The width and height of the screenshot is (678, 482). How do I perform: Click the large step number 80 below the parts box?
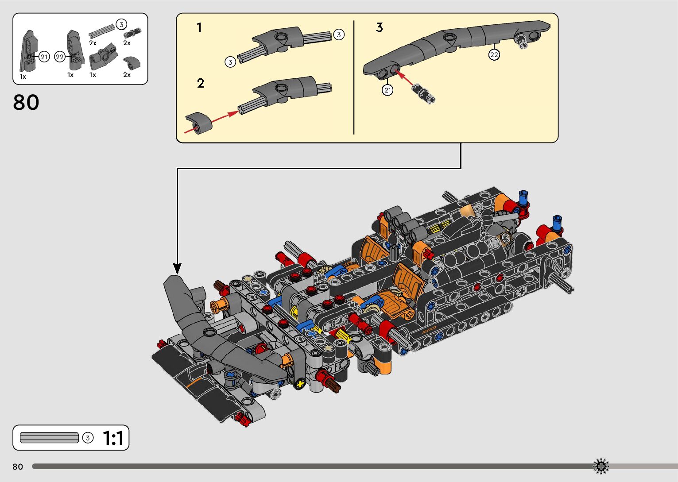[x=26, y=103]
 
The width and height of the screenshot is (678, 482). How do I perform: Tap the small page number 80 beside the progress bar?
[x=18, y=467]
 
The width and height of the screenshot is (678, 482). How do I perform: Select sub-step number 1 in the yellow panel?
[x=199, y=28]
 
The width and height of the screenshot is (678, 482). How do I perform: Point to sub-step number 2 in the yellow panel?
[x=201, y=83]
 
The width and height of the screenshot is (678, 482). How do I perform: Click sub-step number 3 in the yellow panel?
[x=379, y=27]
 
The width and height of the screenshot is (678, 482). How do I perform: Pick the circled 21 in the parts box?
[x=44, y=57]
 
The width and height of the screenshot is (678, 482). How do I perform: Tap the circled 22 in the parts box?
[x=60, y=57]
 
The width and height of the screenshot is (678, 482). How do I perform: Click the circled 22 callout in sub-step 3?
[x=494, y=54]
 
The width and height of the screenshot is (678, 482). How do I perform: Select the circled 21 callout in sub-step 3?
[x=387, y=90]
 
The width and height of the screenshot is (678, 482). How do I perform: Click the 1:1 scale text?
[x=113, y=438]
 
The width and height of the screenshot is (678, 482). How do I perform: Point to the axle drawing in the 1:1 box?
[x=49, y=438]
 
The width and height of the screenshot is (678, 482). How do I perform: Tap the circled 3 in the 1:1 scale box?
[x=88, y=438]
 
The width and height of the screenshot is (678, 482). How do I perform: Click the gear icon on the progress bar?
[x=601, y=466]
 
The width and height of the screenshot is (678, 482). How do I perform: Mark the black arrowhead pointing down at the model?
[x=177, y=269]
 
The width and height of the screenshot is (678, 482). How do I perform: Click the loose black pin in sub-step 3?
[x=423, y=93]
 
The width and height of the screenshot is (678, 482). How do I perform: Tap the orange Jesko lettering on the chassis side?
[x=429, y=330]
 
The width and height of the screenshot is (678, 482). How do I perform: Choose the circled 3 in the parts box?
[x=121, y=24]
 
